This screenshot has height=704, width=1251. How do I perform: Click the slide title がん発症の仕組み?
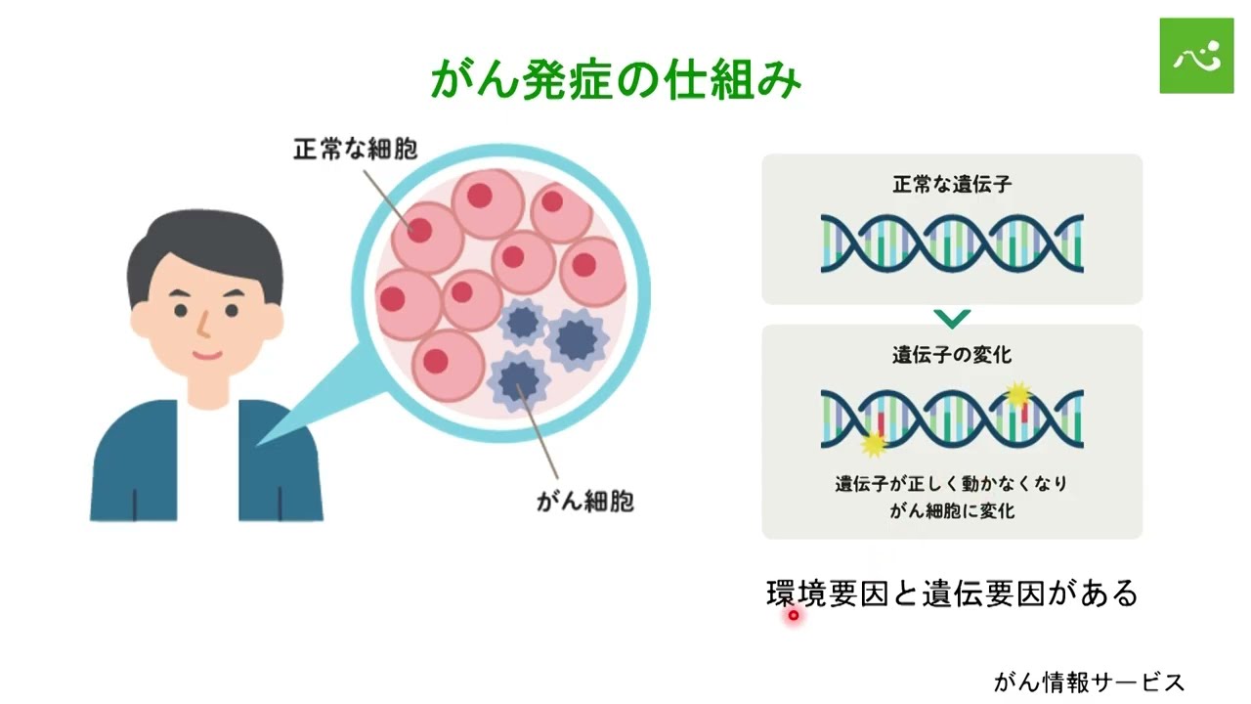pyautogui.click(x=616, y=80)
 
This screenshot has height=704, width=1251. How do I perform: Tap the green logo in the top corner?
pyautogui.click(x=1196, y=56)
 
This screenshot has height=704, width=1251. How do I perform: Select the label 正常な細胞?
pyautogui.click(x=355, y=150)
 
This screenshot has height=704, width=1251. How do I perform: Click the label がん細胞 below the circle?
pyautogui.click(x=584, y=502)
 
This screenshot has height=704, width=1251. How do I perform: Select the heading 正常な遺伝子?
pyautogui.click(x=951, y=183)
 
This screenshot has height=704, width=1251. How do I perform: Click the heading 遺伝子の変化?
pyautogui.click(x=951, y=355)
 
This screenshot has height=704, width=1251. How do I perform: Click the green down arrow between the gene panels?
pyautogui.click(x=952, y=317)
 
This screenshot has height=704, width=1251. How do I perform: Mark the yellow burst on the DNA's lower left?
pyautogui.click(x=872, y=444)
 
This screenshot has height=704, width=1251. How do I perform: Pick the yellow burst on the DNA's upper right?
pyautogui.click(x=1019, y=393)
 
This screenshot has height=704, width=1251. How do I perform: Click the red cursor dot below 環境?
pyautogui.click(x=794, y=615)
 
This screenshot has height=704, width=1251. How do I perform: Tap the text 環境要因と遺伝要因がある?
pyautogui.click(x=952, y=594)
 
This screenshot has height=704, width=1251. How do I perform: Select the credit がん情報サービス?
pyautogui.click(x=1089, y=682)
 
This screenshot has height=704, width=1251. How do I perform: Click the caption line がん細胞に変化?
pyautogui.click(x=951, y=510)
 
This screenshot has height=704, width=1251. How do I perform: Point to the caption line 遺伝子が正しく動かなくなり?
pyautogui.click(x=951, y=483)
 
